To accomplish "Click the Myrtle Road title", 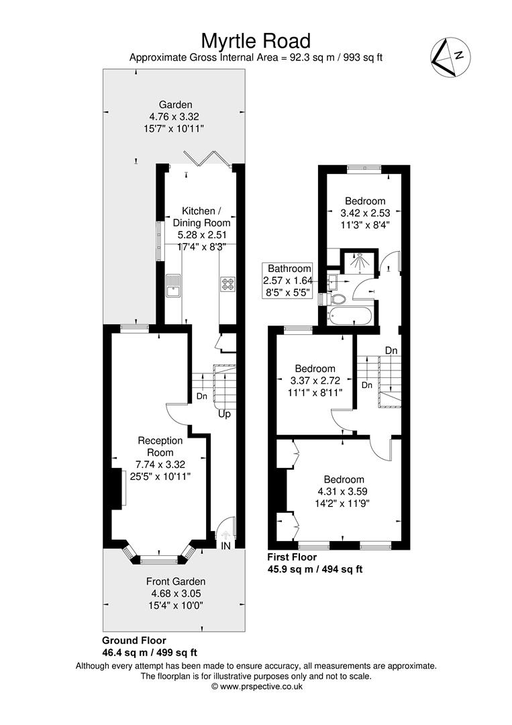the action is coord(256,41).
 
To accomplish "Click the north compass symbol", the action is coord(450,57).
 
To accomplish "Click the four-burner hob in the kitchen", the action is coord(227,283).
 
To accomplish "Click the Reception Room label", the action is coord(160,446).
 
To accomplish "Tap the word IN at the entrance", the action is coord(225,546).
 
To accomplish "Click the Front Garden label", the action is coord(176,581).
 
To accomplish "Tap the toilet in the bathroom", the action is coord(338,299).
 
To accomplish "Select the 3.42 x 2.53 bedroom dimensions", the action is coord(365,213).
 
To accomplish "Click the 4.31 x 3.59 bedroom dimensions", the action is coord(342,491).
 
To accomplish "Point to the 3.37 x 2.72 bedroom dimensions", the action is coord(315,381).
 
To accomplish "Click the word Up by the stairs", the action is coord(224,414).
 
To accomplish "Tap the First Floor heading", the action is coord(292,557).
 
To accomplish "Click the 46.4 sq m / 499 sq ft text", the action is coord(149,652).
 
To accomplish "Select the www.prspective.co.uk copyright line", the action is coord(257,687).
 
